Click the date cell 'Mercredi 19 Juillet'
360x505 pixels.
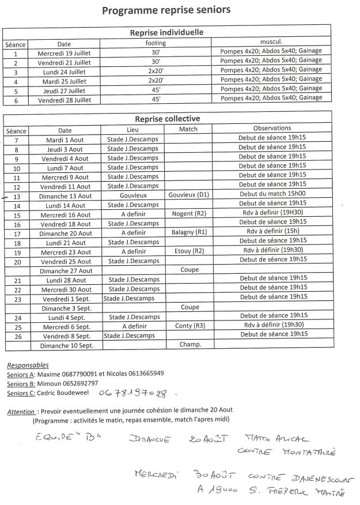click(64, 52)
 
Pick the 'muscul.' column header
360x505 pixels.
click(271, 43)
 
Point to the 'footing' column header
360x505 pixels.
click(156, 43)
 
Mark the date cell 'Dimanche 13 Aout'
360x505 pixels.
click(66, 196)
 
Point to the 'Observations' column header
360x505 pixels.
click(272, 129)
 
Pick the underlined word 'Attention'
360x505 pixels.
click(21, 411)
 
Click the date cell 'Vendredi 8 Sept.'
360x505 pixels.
click(66, 336)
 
